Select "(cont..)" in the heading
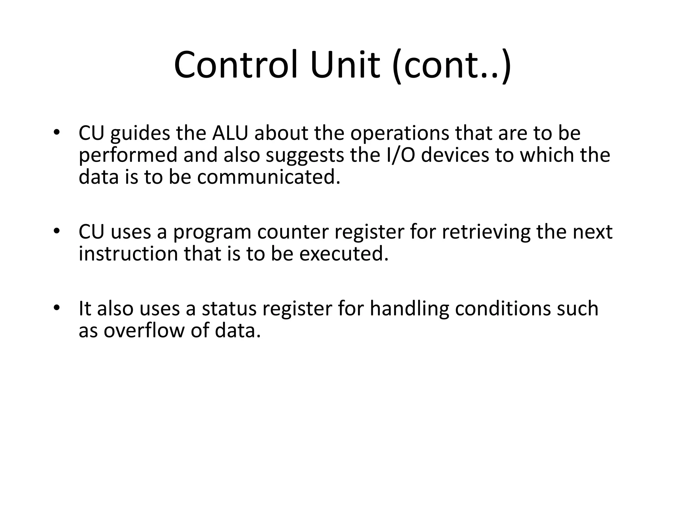[x=452, y=66]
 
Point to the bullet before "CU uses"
[x=56, y=231]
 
